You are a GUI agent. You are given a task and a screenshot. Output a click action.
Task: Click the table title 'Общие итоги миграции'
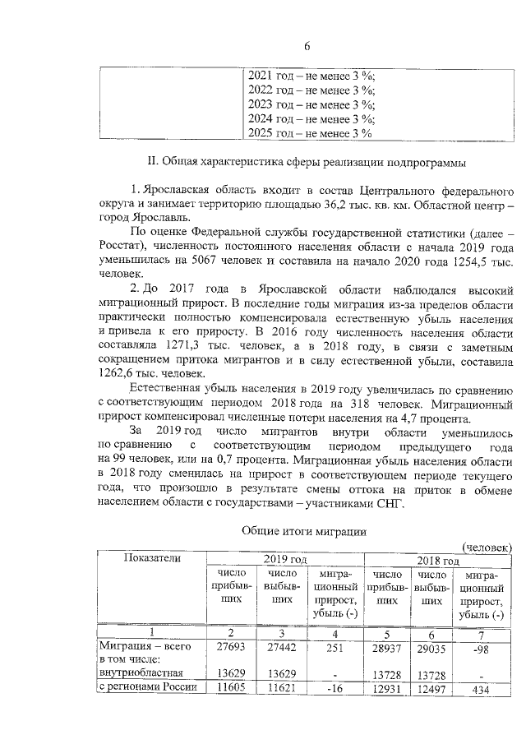305,533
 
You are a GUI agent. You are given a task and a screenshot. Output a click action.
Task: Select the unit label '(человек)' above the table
487,547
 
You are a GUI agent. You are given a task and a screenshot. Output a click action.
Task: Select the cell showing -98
483,649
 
